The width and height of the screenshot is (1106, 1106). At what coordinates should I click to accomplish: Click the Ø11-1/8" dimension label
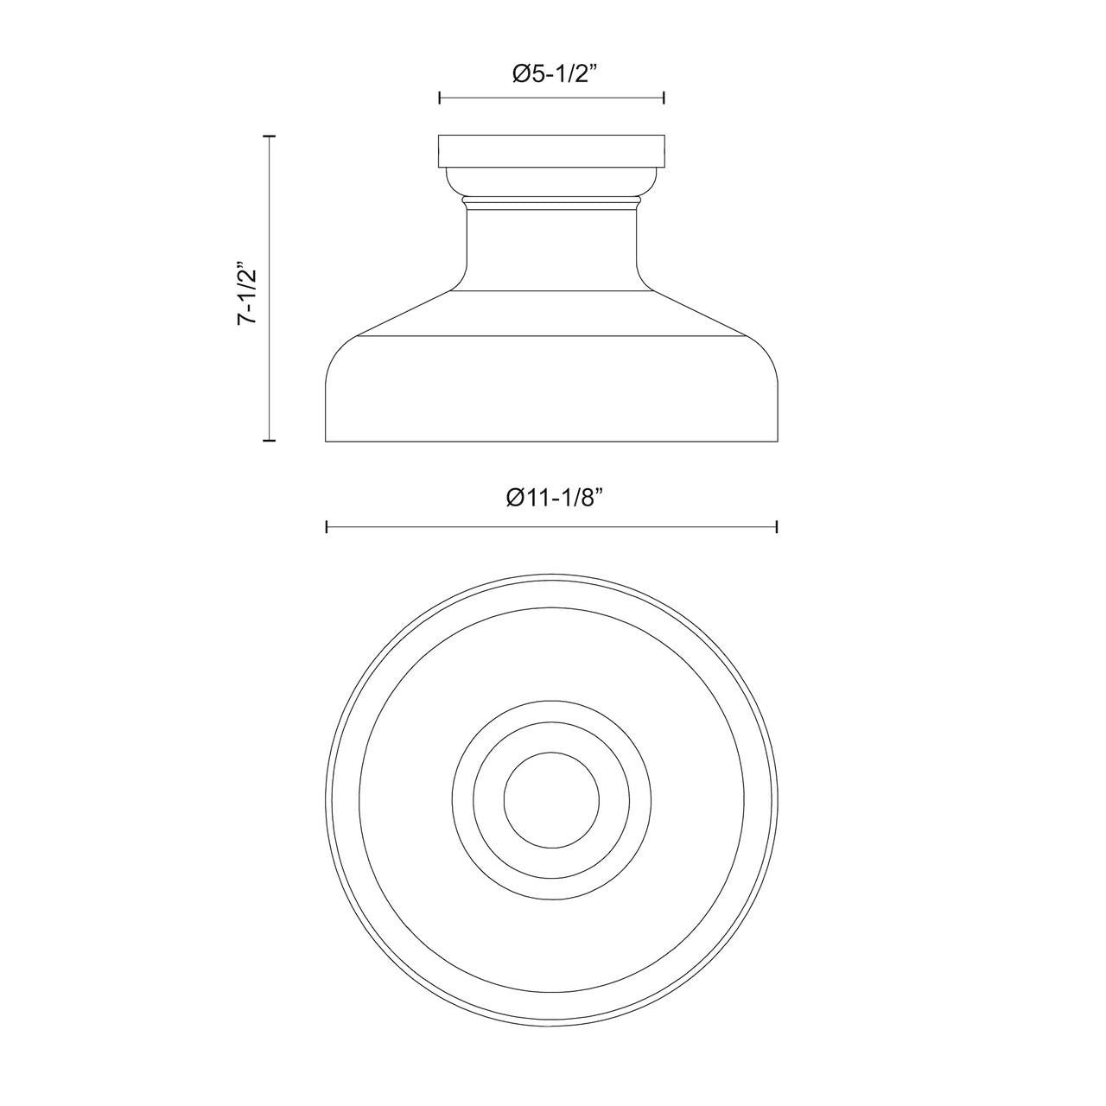coord(555,497)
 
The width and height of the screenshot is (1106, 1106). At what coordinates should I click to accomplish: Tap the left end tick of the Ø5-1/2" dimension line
coord(440,98)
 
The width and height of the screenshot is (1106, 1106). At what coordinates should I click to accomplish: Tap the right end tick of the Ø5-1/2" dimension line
coord(664,98)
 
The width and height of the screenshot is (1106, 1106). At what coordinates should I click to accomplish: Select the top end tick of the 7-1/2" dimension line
coord(269,137)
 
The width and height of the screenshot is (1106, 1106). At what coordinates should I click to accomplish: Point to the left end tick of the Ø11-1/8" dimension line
coord(327,527)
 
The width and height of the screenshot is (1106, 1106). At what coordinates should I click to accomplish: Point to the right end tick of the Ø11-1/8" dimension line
coord(777,527)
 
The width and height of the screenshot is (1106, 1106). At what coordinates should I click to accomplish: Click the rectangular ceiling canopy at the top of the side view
coord(551,151)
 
